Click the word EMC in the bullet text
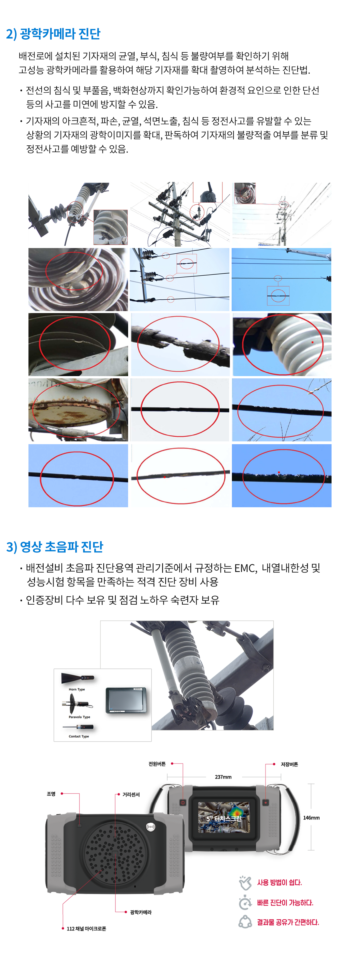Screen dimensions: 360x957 [245, 568]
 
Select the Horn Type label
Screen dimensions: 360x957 [77, 689]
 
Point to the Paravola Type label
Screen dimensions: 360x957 [80, 717]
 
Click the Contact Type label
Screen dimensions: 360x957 [79, 736]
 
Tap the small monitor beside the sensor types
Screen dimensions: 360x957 [126, 700]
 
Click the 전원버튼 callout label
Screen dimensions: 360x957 [157, 764]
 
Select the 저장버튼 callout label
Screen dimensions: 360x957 [289, 764]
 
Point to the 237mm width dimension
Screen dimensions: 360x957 [223, 777]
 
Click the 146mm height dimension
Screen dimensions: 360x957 [311, 818]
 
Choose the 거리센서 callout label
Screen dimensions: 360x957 [131, 794]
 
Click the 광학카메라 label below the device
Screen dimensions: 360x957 [141, 912]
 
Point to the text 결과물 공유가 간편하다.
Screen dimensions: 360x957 [288, 922]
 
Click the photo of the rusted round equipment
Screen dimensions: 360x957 [78, 410]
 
